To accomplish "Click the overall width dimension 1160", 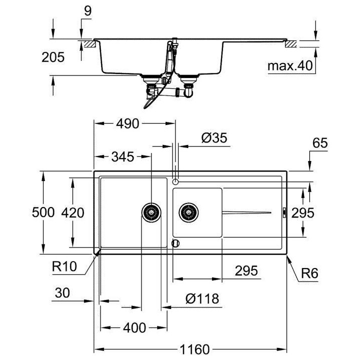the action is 194,349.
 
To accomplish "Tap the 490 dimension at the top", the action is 127,124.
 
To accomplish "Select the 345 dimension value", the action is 122,157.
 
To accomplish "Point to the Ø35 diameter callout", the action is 214,138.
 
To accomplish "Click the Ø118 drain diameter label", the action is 202,298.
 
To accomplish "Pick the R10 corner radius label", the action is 64,266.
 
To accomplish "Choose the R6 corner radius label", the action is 309,273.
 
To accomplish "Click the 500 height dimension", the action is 43,212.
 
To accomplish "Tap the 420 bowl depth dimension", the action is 72,212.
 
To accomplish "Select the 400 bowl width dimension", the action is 134,327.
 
